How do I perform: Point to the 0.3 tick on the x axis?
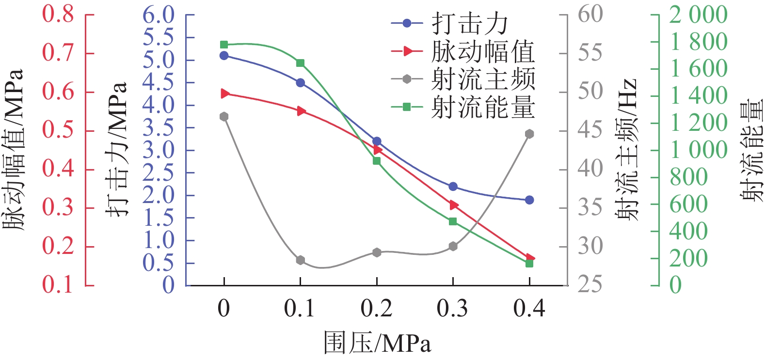(453, 309)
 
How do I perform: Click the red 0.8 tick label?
(58, 14)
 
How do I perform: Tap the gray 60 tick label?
(590, 14)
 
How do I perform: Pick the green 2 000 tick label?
(698, 15)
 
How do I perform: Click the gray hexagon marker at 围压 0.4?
(529, 134)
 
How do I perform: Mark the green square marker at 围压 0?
(224, 45)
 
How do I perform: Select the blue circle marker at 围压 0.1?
(301, 83)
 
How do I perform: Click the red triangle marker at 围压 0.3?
(454, 205)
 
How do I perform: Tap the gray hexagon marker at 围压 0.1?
(301, 260)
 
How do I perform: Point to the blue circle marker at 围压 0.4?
(529, 200)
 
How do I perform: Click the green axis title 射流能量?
(752, 150)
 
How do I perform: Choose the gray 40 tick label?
(590, 169)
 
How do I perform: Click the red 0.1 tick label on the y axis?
(58, 284)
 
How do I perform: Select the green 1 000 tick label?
(698, 150)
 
